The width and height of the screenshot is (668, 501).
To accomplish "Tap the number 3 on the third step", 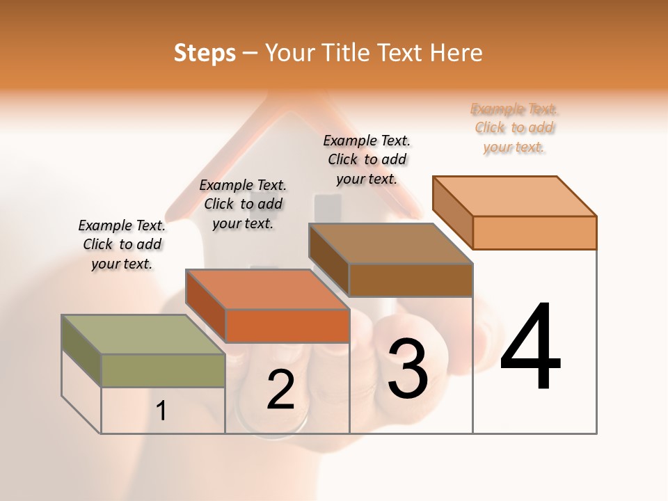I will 407,369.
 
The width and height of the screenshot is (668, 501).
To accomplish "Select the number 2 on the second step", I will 280,390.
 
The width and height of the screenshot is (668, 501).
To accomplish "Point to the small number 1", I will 161,411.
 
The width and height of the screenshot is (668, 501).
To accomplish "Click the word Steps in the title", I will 205,53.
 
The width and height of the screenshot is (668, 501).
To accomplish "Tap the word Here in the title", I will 456,53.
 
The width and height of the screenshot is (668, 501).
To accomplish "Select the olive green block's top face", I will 143,335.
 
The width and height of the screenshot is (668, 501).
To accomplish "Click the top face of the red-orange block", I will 267,289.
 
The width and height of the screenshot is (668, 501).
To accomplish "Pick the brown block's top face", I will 391,244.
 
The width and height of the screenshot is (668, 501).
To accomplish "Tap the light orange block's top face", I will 515,196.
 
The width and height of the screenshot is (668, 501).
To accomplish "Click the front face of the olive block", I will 163,370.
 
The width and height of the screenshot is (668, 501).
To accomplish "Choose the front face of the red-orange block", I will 287,326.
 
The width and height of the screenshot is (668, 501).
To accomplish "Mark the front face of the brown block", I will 411,280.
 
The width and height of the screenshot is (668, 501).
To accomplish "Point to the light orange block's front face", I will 534,232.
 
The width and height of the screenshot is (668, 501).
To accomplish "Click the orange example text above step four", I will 514,128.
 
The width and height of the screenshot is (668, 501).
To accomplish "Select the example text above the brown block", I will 367,159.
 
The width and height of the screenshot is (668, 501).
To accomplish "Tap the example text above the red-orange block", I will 243,204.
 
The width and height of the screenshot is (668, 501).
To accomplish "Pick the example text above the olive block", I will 122,244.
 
